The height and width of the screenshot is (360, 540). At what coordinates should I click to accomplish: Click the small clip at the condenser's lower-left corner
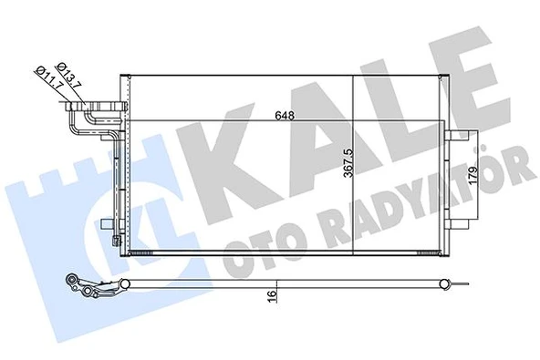click(113, 242)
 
